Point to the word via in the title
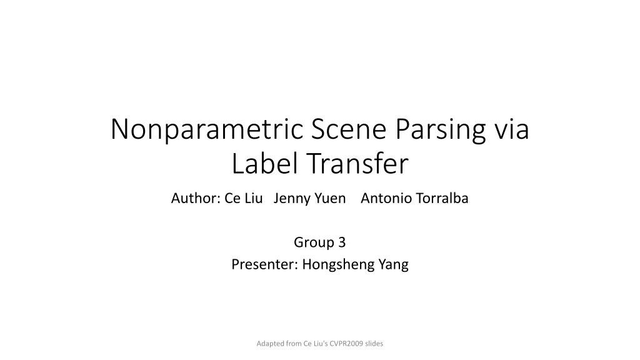512,130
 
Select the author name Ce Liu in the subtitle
243,199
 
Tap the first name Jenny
292,199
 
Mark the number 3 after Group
342,242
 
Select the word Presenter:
265,264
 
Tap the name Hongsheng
339,264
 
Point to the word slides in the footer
374,344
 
